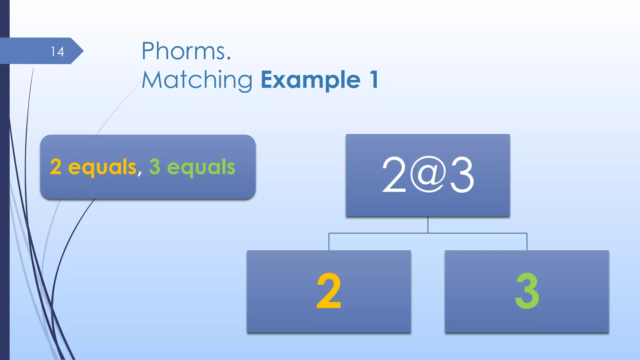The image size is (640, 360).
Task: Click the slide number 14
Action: pyautogui.click(x=57, y=52)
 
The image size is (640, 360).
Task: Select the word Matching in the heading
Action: pyautogui.click(x=197, y=80)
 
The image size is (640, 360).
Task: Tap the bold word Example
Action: pyautogui.click(x=311, y=80)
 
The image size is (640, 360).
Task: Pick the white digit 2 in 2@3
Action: pyautogui.click(x=394, y=175)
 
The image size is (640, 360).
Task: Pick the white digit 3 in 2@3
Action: pyautogui.click(x=462, y=175)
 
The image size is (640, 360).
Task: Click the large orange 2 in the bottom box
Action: pyautogui.click(x=329, y=291)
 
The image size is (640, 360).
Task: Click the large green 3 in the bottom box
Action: pyautogui.click(x=527, y=291)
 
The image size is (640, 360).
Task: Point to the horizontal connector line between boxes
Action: pyautogui.click(x=378, y=233)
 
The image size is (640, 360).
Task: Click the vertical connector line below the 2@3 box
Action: pyautogui.click(x=428, y=225)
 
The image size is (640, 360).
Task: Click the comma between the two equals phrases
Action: pyautogui.click(x=139, y=172)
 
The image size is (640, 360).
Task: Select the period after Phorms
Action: pyautogui.click(x=229, y=58)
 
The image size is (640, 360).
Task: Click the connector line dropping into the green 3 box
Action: pyautogui.click(x=527, y=242)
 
